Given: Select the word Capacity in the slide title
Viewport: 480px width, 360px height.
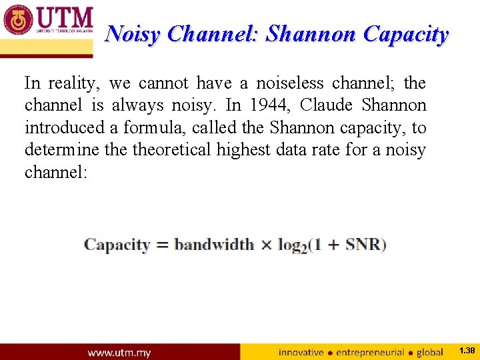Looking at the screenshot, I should [405, 34].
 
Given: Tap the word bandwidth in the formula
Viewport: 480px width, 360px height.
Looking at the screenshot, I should [214, 245].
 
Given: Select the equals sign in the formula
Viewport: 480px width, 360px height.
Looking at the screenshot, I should [162, 245].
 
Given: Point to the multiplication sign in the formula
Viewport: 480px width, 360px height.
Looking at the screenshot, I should [266, 245].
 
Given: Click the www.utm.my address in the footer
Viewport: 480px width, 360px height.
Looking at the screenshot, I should [120, 352].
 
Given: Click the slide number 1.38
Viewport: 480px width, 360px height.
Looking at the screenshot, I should [467, 350].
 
